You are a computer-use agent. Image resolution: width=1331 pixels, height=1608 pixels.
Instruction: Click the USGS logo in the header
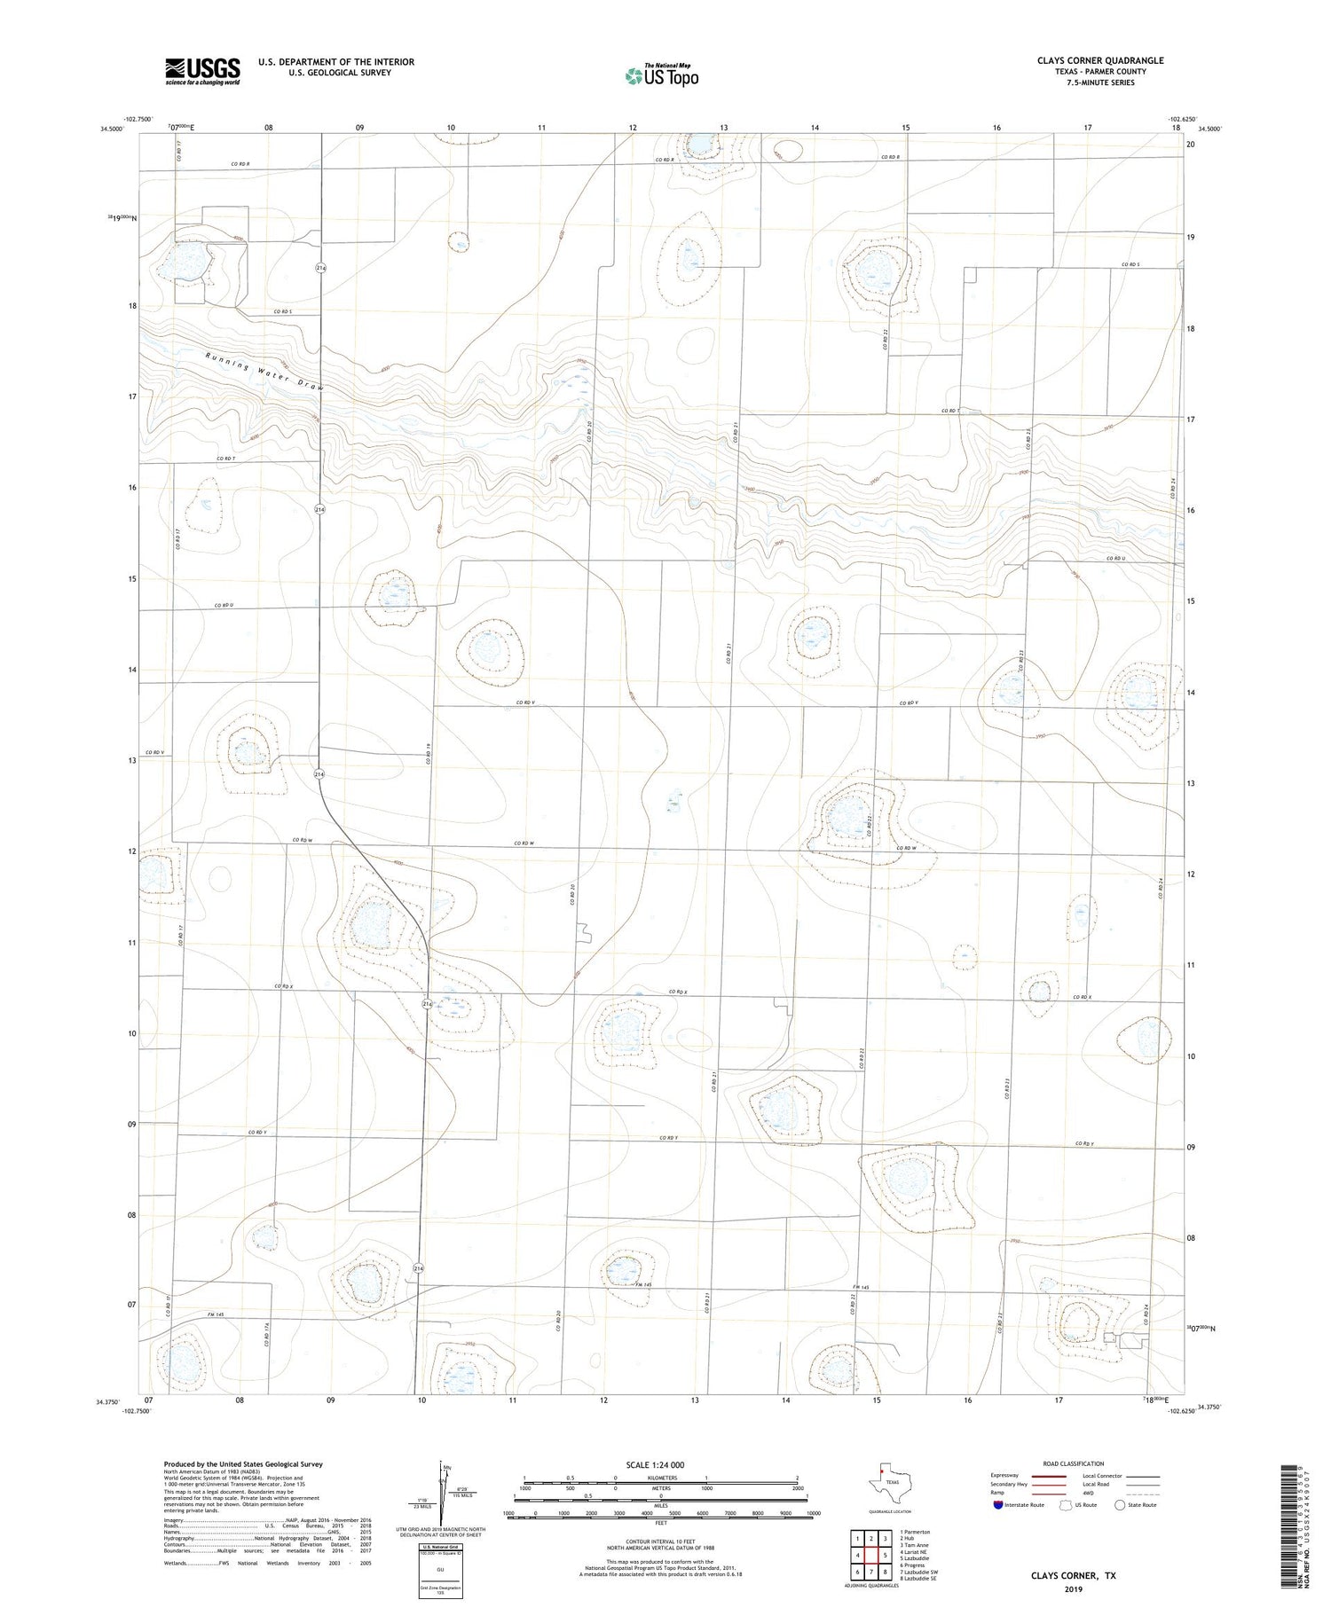pyautogui.click(x=202, y=71)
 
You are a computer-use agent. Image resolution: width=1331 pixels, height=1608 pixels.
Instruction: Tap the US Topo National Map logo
pyautogui.click(x=662, y=75)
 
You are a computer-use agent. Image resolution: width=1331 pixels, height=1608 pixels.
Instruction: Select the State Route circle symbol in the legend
pyautogui.click(x=1120, y=1504)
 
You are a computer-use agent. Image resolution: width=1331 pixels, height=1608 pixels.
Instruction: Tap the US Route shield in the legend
pyautogui.click(x=1066, y=1504)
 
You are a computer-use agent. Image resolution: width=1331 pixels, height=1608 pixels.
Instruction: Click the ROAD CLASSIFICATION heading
pyautogui.click(x=1073, y=1463)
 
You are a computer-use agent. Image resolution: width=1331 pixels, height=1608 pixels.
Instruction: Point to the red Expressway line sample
pyautogui.click(x=1051, y=1476)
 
